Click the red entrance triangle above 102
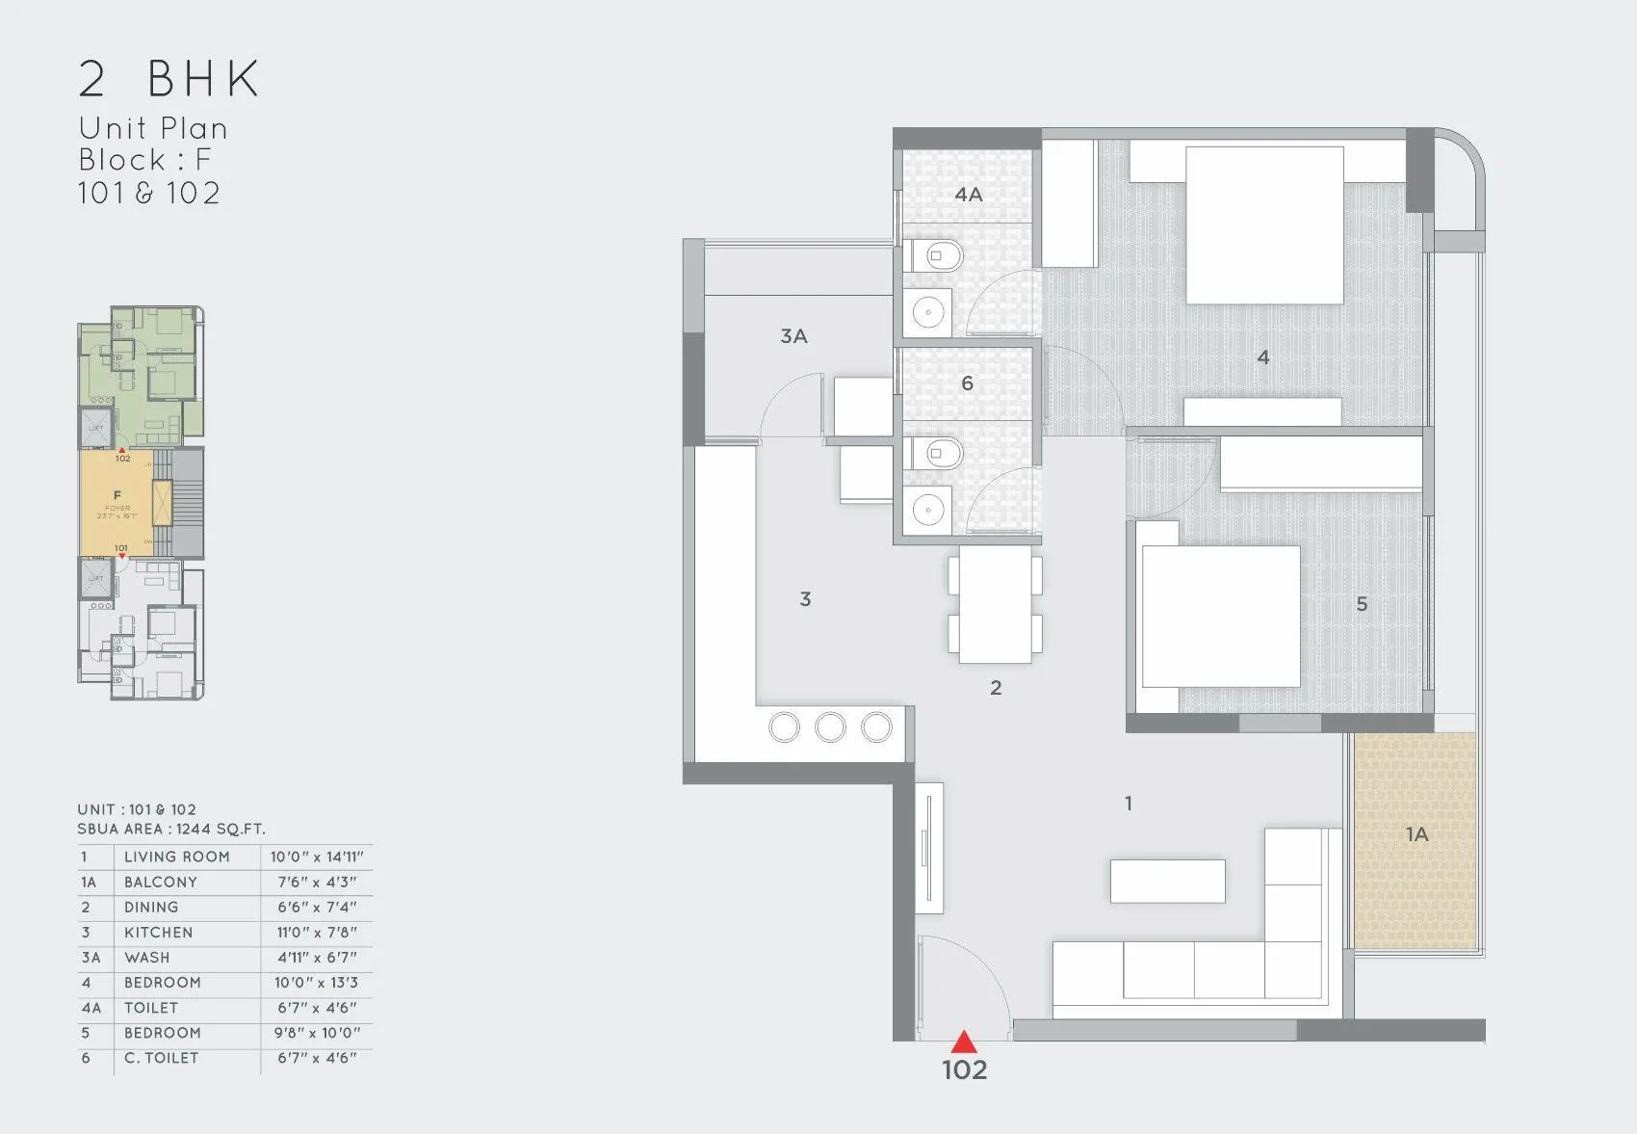point(964,1042)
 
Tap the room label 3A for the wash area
point(793,336)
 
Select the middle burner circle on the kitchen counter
point(830,726)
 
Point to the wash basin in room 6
point(928,511)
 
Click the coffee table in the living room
point(1167,881)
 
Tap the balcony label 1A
point(1416,834)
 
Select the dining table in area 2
point(996,605)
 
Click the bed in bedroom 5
point(1219,617)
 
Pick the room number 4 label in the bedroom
point(1263,357)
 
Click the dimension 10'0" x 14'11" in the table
point(317,857)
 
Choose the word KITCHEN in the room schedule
point(159,933)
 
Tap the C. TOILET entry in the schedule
point(162,1058)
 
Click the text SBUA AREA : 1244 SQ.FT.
point(171,829)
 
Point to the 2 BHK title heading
point(169,79)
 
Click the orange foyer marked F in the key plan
point(117,501)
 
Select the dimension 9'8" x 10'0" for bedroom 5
point(317,1033)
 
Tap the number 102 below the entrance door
point(964,1069)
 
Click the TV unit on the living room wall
point(928,848)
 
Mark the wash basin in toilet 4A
point(928,312)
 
